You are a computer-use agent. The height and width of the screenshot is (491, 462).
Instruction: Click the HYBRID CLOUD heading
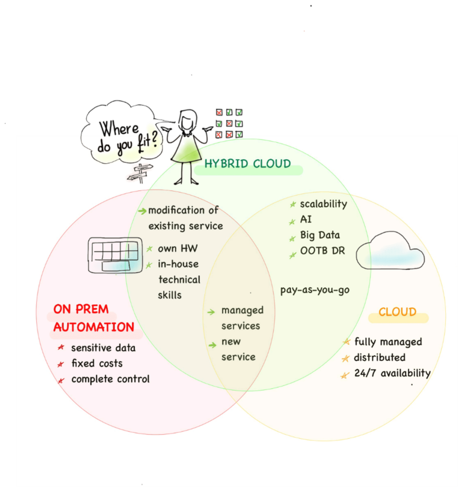(248, 164)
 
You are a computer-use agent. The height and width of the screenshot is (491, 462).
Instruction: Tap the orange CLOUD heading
(397, 312)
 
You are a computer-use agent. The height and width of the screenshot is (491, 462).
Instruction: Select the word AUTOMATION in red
(94, 327)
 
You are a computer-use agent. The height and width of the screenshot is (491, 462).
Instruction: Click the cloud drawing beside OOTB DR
(390, 251)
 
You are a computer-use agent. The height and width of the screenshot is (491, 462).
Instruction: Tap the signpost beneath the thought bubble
(139, 171)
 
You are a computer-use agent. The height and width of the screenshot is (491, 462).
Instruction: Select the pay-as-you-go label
(315, 290)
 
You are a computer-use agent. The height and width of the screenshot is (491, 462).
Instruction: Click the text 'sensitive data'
(103, 348)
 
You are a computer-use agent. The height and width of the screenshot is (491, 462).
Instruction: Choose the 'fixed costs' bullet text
(97, 363)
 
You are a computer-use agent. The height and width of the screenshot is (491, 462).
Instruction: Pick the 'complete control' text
(110, 379)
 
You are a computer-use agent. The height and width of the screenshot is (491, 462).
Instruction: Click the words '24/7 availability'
(392, 373)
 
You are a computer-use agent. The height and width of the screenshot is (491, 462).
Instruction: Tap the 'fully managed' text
(388, 342)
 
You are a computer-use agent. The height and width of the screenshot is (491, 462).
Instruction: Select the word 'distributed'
(379, 358)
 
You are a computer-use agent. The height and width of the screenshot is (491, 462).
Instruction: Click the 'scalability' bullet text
(323, 204)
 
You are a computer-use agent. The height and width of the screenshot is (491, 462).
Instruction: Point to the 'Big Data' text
(320, 235)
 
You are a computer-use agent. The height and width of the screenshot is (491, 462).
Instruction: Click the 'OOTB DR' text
(322, 251)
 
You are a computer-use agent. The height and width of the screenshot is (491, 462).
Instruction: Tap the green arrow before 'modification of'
(142, 211)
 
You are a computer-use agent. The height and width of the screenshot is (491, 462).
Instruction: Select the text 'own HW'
(178, 249)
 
